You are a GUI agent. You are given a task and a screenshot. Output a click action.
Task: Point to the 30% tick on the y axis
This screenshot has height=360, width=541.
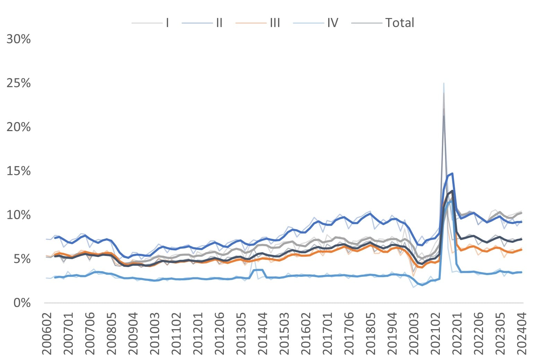coord(19,39)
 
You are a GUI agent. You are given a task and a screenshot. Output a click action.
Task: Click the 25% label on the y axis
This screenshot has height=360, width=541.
coord(19,83)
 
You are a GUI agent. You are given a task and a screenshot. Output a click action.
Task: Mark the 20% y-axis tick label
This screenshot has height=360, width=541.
coord(19,127)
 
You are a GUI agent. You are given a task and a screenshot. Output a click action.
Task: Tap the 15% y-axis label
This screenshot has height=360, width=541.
coord(19,171)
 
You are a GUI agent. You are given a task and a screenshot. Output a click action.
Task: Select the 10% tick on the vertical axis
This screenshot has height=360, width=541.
coord(19,215)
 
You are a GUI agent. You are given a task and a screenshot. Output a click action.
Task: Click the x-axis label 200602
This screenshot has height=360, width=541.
coord(47,333)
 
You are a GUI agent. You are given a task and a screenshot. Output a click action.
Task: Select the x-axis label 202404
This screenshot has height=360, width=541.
coord(522,333)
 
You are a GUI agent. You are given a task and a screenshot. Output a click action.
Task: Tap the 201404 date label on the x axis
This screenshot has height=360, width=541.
coord(263,333)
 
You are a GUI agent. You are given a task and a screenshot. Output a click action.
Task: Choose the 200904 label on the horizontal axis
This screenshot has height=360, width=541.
coord(133,333)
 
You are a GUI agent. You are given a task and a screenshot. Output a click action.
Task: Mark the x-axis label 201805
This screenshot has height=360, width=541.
coord(370,333)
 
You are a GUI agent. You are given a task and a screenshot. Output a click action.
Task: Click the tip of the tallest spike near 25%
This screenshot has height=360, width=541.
coord(444,84)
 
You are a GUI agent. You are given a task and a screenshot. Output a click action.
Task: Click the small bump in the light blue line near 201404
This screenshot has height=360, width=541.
coord(258,270)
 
